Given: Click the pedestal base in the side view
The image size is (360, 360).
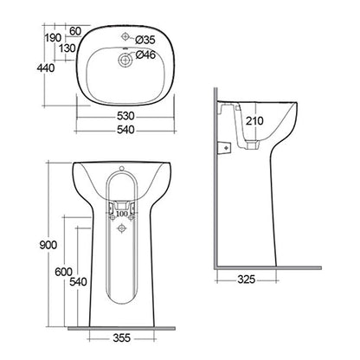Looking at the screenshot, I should [x=277, y=255].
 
